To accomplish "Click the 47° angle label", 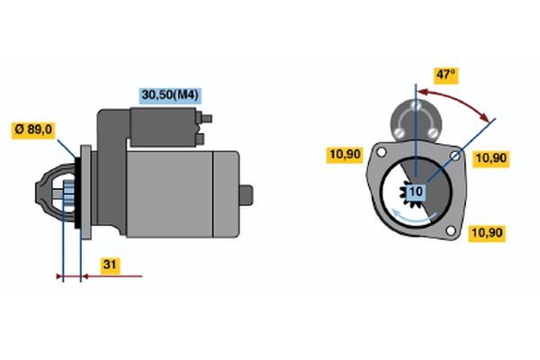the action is point(446,75).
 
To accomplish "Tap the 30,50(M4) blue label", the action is point(170,95).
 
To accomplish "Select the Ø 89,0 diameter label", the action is point(33,130).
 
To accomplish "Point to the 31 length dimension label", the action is point(110,265).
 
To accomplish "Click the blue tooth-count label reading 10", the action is point(416,192).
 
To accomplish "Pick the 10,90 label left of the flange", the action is point(345,154).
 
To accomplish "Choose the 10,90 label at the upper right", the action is point(490,158).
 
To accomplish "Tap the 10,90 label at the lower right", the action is point(487,233).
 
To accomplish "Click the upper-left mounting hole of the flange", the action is point(382,152).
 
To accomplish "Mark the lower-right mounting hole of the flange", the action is point(450,230).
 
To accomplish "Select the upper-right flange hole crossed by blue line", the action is point(454,156).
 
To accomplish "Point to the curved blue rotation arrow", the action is point(413,218).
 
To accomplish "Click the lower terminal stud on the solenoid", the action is point(200,139).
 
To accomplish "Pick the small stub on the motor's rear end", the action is point(246,195).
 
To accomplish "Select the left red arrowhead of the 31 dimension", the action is point(59,276).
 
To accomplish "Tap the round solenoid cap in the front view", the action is point(416,121).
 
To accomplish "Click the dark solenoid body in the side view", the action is point(163,127).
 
